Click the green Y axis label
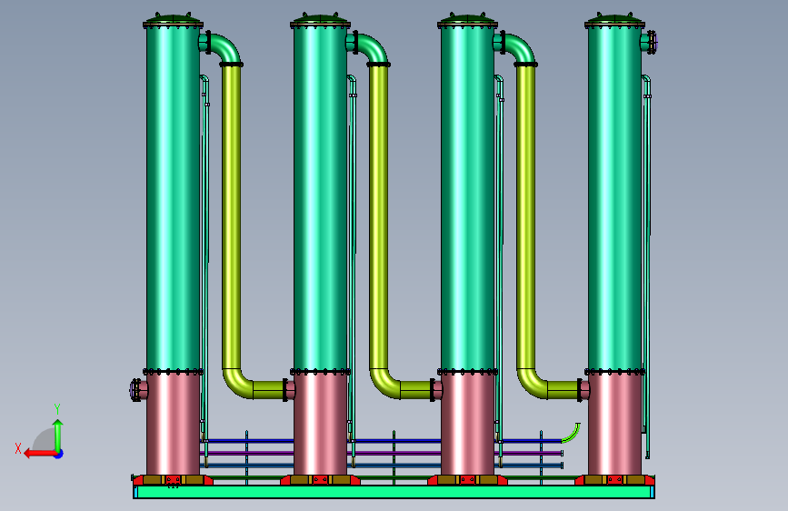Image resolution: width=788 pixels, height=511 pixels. tap(57, 409)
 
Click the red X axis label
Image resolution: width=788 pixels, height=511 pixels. tap(18, 448)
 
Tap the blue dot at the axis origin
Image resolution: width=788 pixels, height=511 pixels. tap(59, 454)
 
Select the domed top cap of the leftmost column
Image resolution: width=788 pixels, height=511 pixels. tap(174, 18)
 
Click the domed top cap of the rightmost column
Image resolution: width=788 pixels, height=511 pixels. tap(614, 18)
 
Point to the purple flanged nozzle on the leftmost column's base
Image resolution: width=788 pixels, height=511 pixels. tap(136, 390)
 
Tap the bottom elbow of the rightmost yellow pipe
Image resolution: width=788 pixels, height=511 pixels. tap(533, 384)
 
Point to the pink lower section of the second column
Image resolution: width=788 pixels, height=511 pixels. tap(320, 425)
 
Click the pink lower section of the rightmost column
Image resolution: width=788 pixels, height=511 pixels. tap(614, 425)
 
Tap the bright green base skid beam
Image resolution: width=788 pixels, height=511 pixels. tap(394, 492)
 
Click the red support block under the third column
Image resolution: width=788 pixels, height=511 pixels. tap(467, 480)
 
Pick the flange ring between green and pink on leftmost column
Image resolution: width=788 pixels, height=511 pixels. tap(174, 372)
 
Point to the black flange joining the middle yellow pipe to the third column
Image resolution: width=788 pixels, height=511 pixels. tap(433, 390)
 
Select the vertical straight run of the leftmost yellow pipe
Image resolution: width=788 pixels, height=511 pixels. tap(231, 217)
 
